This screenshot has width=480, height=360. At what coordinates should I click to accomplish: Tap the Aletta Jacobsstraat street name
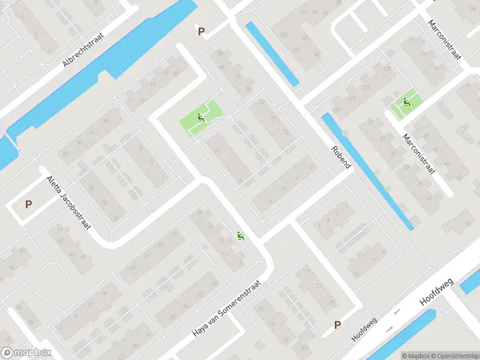click(68, 203)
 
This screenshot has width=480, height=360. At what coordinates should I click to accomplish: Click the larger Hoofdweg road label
click(437, 292)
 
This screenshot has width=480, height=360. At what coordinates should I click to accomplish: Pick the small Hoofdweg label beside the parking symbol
click(364, 329)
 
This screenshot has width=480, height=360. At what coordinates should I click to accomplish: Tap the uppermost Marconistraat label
click(444, 40)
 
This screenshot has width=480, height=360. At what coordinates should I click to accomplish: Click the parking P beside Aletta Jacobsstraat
click(28, 204)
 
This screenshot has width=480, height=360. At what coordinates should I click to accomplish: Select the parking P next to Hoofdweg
click(337, 325)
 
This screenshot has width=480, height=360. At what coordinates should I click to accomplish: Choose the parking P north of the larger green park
click(201, 31)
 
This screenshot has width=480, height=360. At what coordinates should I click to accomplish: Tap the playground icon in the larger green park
click(200, 118)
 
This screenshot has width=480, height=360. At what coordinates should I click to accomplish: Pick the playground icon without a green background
click(241, 236)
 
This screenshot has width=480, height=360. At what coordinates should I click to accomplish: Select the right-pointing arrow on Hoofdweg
click(389, 328)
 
